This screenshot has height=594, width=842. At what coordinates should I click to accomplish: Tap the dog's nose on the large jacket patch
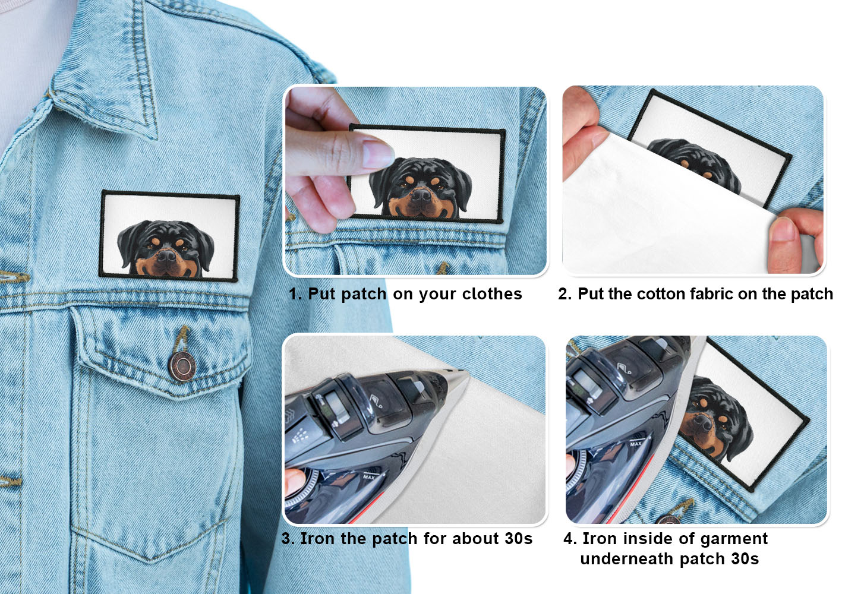(166, 256)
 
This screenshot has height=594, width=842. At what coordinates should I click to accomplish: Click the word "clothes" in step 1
(492, 294)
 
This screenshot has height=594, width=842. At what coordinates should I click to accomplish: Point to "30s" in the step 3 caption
(518, 538)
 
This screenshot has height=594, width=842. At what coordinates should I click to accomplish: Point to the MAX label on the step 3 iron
(369, 477)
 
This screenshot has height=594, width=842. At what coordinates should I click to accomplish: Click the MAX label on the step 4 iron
(636, 444)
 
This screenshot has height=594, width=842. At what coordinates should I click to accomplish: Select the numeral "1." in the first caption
(295, 294)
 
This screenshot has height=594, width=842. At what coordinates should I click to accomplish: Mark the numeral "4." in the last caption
(570, 539)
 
